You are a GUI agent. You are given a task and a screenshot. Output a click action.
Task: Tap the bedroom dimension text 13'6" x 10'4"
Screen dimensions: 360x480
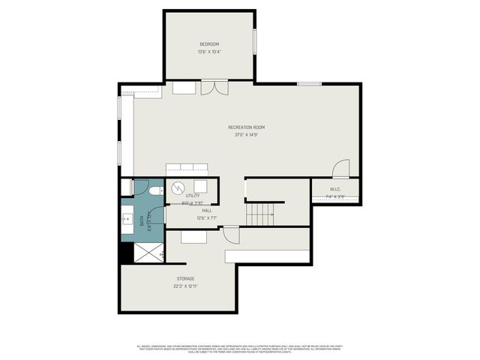click(208, 52)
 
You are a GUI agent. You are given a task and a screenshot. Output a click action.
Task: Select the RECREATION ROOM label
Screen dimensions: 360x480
click(246, 127)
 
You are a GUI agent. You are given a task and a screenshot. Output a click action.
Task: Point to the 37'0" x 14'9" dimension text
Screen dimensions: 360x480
click(246, 136)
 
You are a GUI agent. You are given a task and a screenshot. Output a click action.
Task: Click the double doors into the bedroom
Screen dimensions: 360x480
click(211, 88)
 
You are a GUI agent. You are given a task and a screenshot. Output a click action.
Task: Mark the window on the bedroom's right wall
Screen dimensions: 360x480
click(255, 40)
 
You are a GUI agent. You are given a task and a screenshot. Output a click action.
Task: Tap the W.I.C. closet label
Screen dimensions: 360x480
click(335, 189)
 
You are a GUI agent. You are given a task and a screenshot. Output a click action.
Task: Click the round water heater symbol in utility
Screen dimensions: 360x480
click(180, 187)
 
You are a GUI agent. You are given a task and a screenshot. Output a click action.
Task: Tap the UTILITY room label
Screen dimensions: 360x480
click(182, 196)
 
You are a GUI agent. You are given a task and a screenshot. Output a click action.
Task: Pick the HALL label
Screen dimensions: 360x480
click(206, 211)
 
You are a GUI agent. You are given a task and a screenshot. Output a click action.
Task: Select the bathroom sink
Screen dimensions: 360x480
click(127, 220)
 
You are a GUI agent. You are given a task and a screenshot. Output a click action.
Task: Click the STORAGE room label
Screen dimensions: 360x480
click(186, 278)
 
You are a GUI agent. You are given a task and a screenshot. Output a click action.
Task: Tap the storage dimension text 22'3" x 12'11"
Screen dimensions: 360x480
click(186, 286)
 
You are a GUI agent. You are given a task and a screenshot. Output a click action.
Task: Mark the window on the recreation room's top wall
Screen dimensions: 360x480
click(309, 83)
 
